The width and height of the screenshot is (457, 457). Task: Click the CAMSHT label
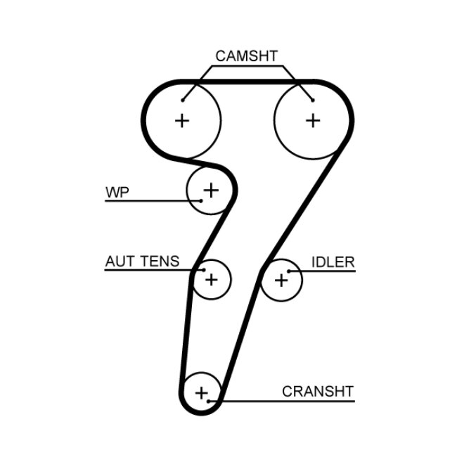click(x=246, y=56)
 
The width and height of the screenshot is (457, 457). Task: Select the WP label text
click(x=117, y=192)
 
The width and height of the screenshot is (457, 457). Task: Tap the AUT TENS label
click(x=142, y=262)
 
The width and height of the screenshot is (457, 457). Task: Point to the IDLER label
click(x=333, y=262)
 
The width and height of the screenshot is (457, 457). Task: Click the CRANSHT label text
click(x=318, y=392)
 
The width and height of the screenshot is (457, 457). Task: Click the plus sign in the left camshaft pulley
click(x=182, y=120)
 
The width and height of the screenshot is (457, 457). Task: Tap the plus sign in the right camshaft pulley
click(x=313, y=120)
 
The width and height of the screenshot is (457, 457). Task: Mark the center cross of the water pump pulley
click(x=211, y=189)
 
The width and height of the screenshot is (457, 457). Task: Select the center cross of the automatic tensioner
click(x=211, y=280)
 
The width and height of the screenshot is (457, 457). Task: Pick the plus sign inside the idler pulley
click(x=281, y=280)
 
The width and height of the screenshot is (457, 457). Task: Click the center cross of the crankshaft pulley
click(x=202, y=392)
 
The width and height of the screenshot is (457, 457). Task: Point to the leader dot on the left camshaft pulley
click(x=183, y=100)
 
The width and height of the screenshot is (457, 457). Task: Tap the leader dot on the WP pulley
click(x=201, y=200)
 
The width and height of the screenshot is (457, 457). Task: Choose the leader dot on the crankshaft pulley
click(x=210, y=401)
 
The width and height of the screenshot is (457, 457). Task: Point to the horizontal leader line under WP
click(x=141, y=201)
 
